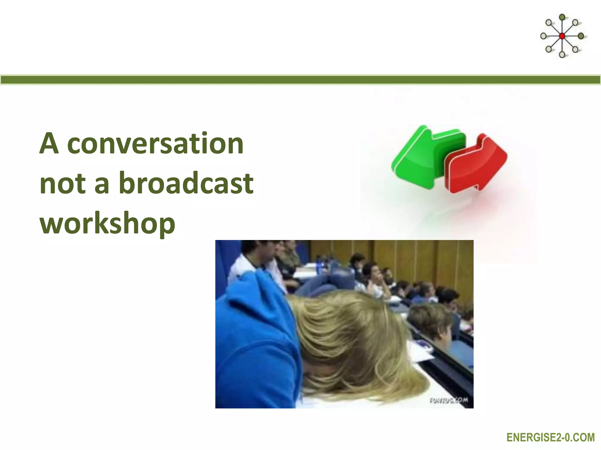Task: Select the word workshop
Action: click(107, 224)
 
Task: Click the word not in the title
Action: click(63, 184)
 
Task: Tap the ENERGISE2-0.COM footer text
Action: click(551, 438)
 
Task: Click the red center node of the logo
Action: click(562, 36)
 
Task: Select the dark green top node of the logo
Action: click(562, 17)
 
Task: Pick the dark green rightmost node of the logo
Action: click(581, 36)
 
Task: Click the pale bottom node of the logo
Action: click(562, 54)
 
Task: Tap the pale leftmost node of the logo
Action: click(543, 36)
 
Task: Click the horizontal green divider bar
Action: click(300, 80)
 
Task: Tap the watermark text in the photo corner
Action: click(448, 400)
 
